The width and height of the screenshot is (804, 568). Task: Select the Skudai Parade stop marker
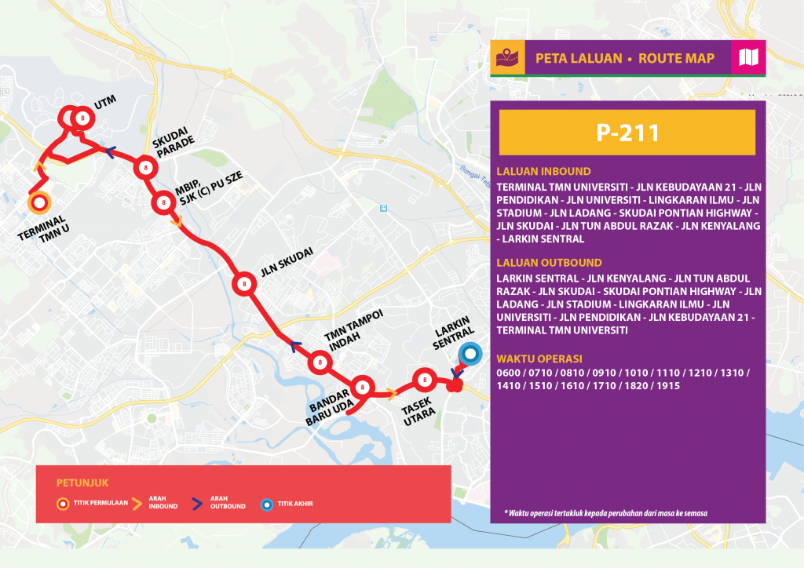click(144, 167)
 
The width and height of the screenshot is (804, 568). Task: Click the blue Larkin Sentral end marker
click(470, 355)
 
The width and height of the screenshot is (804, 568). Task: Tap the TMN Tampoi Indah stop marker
click(320, 362)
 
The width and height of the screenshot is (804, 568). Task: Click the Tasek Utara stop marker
click(425, 380)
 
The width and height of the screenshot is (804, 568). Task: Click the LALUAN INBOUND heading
click(543, 172)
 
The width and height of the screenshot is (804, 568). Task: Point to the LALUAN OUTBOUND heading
click(549, 263)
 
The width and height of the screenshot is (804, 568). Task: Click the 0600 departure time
click(509, 372)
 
